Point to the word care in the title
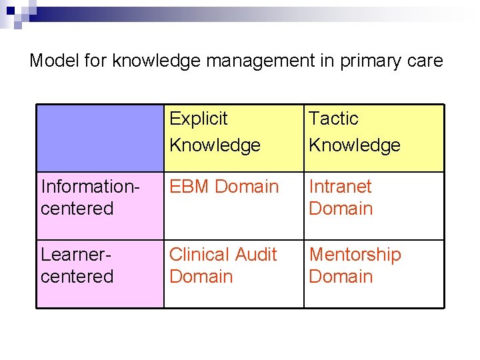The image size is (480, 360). [x=425, y=61]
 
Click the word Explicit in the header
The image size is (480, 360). [x=198, y=119]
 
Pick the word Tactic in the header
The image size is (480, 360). [x=333, y=119]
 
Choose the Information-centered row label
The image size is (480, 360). [x=89, y=197]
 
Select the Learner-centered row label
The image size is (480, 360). [x=77, y=265]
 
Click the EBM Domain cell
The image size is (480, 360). [x=224, y=187]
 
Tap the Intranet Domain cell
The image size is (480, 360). [x=341, y=197]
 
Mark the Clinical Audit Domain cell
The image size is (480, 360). [x=223, y=265]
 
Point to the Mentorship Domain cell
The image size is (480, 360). [x=355, y=265]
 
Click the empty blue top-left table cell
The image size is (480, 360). [x=100, y=138]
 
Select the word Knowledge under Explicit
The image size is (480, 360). [x=215, y=145]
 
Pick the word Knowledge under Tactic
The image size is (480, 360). [x=355, y=145]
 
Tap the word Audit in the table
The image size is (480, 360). [x=254, y=255]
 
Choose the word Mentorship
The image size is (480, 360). [x=355, y=255]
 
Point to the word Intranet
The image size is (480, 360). [x=340, y=187]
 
